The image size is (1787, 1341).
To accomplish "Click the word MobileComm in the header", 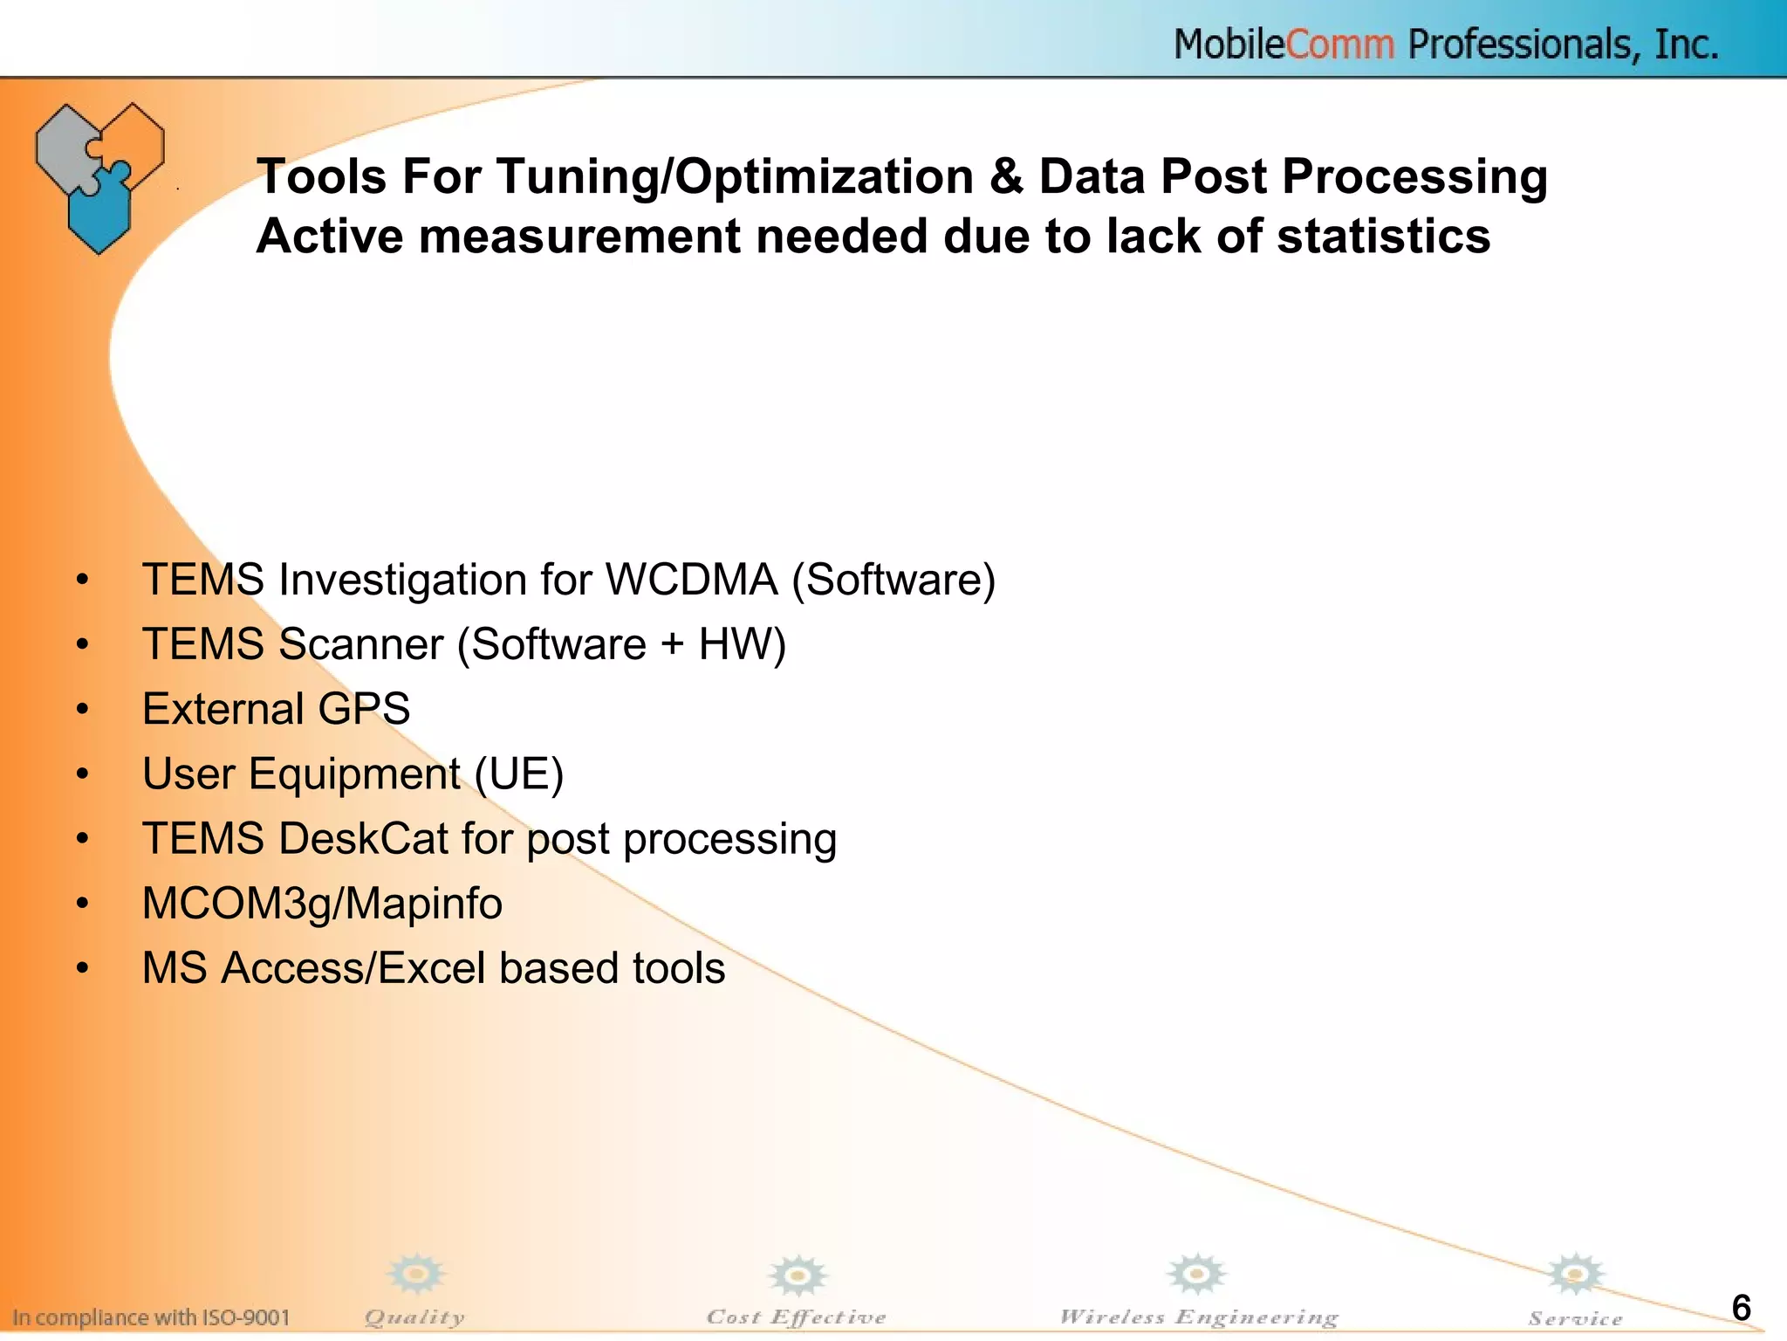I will tap(1284, 44).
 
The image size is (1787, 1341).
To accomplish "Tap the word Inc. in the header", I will tap(1687, 44).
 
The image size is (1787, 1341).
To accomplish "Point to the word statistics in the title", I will tap(1383, 237).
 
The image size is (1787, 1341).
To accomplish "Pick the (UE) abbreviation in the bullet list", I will tap(519, 774).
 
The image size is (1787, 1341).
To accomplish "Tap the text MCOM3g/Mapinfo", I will tap(322, 904).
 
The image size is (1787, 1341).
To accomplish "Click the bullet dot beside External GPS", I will tap(82, 710).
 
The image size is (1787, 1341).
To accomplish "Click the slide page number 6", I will tap(1741, 1308).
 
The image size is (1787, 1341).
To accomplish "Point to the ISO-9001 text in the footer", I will tap(246, 1317).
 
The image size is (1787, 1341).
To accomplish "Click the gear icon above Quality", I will tap(416, 1275).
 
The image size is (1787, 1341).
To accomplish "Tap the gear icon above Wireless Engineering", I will tap(1197, 1275).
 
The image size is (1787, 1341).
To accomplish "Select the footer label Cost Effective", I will tap(796, 1317).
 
